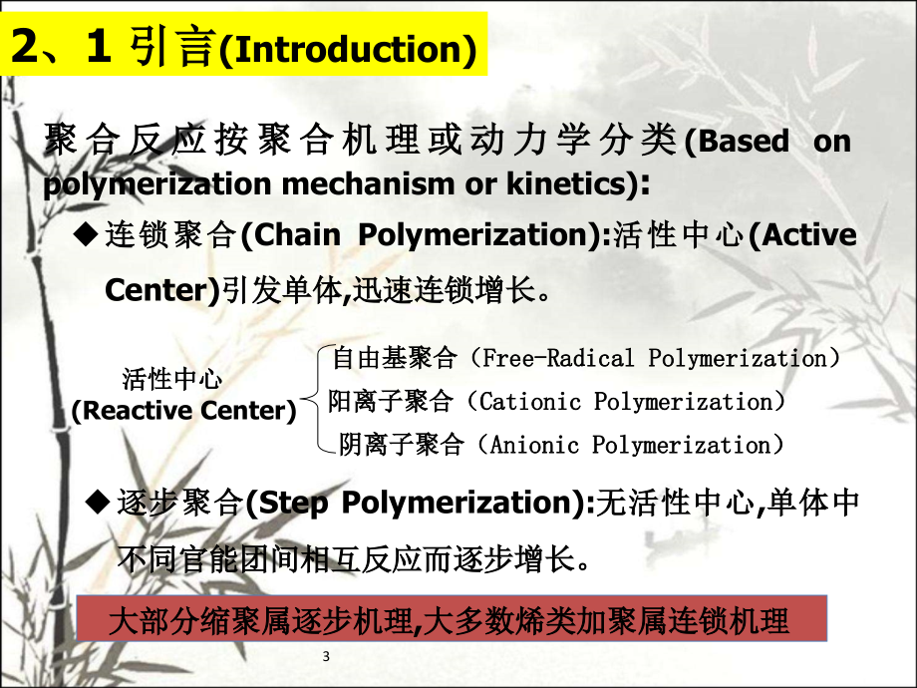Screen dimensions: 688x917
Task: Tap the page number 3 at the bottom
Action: point(327,656)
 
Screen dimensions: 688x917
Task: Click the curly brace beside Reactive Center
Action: point(315,401)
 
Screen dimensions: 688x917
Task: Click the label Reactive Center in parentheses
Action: point(184,411)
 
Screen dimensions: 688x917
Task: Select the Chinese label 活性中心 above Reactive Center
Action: point(172,379)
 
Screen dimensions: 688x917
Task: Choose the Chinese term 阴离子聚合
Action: point(402,445)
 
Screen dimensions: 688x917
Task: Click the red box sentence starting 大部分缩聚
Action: point(452,621)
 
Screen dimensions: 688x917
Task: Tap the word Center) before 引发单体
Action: point(160,290)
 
